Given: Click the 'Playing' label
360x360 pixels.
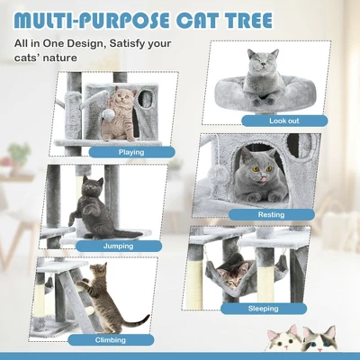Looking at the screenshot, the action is pos(131,152).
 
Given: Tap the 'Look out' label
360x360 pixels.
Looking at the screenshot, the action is pos(284,121).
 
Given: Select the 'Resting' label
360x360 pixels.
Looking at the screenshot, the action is pos(271,215).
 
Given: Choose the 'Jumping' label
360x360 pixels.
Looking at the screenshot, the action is pos(118,247).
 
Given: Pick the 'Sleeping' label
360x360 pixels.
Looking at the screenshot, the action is pos(264,309).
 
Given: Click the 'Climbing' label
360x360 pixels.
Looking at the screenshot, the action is pos(111,340).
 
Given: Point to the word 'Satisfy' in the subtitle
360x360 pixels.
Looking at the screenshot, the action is pos(127,43).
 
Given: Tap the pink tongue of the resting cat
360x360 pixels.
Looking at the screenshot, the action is pos(264,179).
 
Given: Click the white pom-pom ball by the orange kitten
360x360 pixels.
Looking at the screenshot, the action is pos(107,114).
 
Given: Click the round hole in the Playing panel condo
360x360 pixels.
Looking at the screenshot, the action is pos(147,98).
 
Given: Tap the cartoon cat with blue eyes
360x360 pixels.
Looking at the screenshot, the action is pos(319,339).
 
